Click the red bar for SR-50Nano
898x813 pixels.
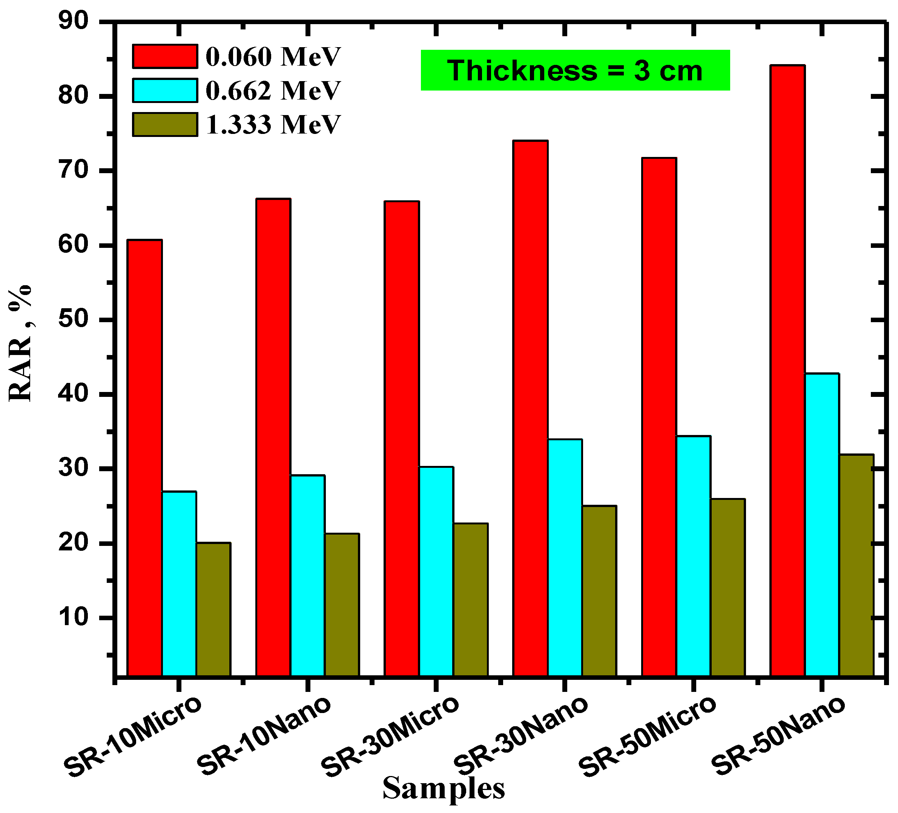point(787,370)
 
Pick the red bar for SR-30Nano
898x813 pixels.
point(530,407)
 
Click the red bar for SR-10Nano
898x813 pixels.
point(273,436)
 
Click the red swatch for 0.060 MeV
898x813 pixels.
point(165,56)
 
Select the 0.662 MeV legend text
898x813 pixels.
point(273,91)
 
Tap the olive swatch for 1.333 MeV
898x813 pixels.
point(165,124)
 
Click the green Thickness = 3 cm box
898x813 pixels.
point(575,71)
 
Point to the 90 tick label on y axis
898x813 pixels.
point(74,22)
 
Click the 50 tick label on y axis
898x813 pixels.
point(74,320)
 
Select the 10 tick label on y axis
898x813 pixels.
point(74,618)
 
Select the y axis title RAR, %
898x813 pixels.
point(20,343)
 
